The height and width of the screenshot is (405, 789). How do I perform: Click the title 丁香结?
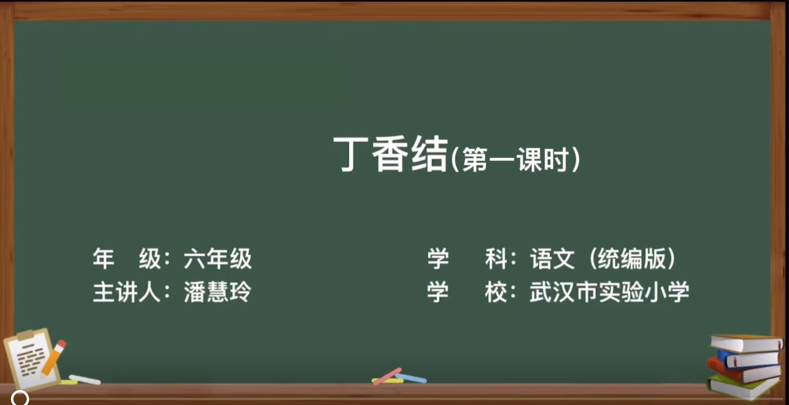[391, 154]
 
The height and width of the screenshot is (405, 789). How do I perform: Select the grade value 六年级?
[218, 259]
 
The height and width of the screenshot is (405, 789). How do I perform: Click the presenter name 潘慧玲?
[218, 292]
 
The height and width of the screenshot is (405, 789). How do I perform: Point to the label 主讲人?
[127, 292]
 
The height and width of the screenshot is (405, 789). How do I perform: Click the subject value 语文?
[552, 259]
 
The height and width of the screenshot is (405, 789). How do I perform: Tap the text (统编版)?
[632, 259]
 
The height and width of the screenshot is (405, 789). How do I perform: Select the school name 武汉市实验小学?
[609, 292]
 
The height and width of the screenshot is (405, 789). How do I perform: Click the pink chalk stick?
[387, 376]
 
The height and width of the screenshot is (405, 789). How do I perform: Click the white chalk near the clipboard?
[85, 380]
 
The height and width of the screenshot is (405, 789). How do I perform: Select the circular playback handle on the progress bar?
[20, 398]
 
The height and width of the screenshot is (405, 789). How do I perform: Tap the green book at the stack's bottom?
[743, 387]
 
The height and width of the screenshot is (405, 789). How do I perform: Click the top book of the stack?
[747, 344]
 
